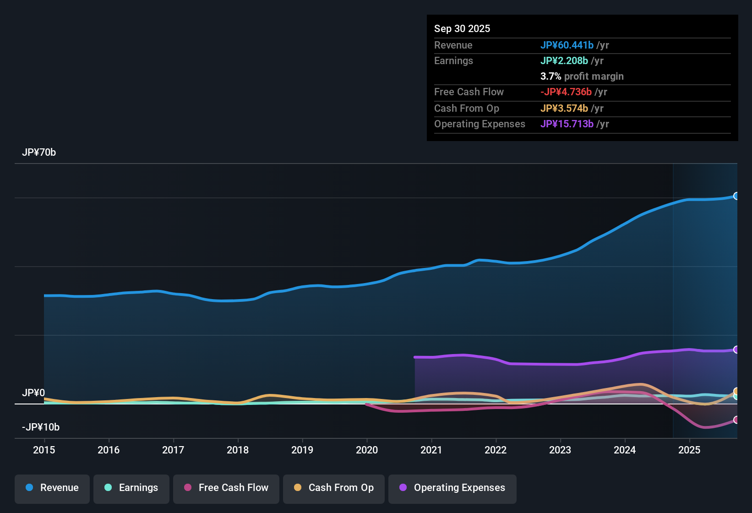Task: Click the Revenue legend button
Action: [52, 488]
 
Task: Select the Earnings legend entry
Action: [131, 488]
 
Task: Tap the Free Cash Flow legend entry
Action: [226, 488]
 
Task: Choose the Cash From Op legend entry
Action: [334, 488]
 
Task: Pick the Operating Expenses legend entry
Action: [452, 488]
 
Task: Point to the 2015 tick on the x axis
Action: [44, 450]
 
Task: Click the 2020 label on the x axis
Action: [367, 450]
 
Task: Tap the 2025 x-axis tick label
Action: [689, 450]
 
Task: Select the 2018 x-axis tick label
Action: [238, 450]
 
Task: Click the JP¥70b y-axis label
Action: [39, 153]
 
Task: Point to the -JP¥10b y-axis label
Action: [41, 427]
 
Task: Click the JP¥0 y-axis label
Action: [33, 393]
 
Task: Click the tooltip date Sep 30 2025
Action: [462, 28]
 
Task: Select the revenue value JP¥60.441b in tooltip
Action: [567, 45]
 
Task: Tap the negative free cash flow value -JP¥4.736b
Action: [566, 92]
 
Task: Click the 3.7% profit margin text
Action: [582, 76]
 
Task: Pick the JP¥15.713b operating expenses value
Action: [567, 124]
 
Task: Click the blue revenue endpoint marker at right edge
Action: [736, 196]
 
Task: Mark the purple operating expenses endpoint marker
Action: [736, 349]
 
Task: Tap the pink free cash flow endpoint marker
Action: [736, 420]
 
